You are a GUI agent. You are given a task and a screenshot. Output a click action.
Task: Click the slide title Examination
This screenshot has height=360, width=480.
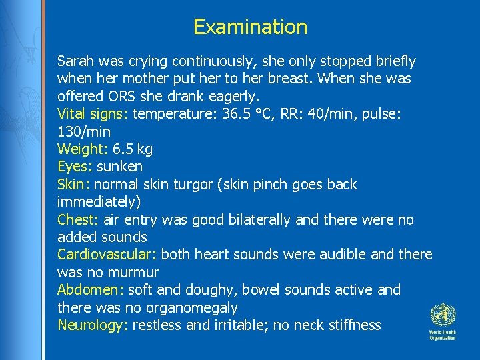click(250, 27)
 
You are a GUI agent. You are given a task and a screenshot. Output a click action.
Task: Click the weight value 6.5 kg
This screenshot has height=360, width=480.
click(133, 149)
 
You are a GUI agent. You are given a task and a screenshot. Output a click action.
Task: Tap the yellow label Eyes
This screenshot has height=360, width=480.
click(73, 167)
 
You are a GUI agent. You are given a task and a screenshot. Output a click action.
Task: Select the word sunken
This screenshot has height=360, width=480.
click(119, 167)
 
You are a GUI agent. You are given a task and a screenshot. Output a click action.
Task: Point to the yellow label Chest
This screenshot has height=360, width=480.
click(77, 220)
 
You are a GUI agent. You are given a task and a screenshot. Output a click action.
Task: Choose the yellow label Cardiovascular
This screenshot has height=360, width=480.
click(107, 255)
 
